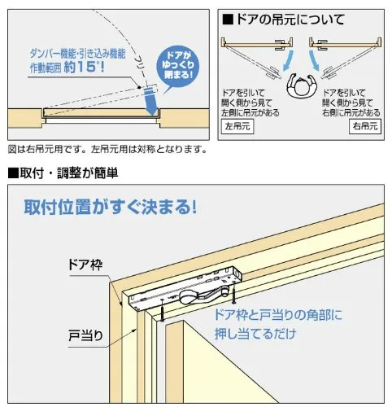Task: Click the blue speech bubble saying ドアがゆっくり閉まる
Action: (178, 67)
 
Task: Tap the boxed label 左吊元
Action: (237, 126)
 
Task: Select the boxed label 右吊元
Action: (365, 126)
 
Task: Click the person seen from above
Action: (302, 85)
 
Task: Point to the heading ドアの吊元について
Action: (284, 20)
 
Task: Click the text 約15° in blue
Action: (84, 67)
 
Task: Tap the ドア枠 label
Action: (85, 265)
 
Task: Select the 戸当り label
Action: (85, 335)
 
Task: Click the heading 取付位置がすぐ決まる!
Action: (110, 208)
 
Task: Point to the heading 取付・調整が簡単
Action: (63, 173)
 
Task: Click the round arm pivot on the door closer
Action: (187, 297)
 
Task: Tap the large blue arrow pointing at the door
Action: (150, 101)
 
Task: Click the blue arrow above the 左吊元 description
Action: (288, 60)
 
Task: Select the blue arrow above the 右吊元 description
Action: (314, 60)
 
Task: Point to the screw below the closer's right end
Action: (233, 295)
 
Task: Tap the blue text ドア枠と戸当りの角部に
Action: (278, 315)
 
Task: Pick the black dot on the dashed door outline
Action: (139, 87)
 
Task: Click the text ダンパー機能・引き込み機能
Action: (78, 54)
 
